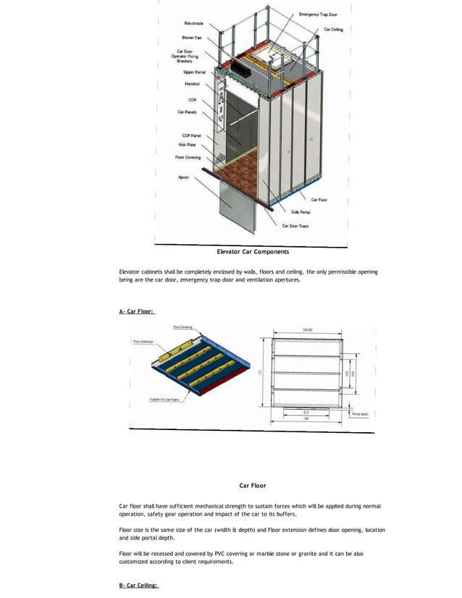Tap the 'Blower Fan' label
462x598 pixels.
pyautogui.click(x=192, y=37)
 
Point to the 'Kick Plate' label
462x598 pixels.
pyautogui.click(x=188, y=145)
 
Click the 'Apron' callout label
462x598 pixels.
pyautogui.click(x=184, y=177)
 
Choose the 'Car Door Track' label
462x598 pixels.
pyautogui.click(x=295, y=226)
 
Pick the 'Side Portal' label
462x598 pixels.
pyautogui.click(x=301, y=212)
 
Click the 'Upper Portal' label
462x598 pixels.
pyautogui.click(x=194, y=72)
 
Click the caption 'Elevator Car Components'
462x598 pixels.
pyautogui.click(x=253, y=252)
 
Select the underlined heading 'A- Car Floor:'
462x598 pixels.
pyautogui.click(x=136, y=312)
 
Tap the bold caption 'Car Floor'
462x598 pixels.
pyautogui.click(x=253, y=485)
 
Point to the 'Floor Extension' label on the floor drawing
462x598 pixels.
pyautogui.click(x=143, y=341)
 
